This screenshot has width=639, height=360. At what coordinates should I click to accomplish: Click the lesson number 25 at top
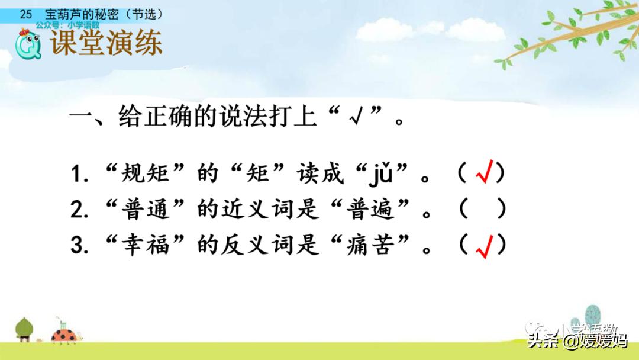coord(25,14)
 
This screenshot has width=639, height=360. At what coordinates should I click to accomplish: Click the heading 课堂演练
coord(106,43)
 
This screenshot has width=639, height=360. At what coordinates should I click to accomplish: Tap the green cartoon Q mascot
coord(28,44)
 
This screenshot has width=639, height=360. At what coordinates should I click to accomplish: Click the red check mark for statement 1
coord(485,171)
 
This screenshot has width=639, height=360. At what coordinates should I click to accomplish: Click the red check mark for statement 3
coord(485,247)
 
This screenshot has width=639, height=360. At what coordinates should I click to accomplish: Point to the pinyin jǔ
coord(381,173)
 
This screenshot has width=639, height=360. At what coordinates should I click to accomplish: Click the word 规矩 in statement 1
coord(145,173)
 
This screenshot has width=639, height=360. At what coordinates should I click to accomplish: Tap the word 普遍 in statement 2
coord(370,209)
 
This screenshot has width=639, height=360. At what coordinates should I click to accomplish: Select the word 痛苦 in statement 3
coord(370,245)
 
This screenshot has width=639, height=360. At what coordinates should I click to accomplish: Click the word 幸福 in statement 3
coord(145,245)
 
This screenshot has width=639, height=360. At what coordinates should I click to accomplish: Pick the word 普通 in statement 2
coord(145,209)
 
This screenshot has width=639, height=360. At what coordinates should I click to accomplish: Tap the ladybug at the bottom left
coord(64,335)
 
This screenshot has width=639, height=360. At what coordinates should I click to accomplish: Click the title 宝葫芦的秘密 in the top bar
coord(82,14)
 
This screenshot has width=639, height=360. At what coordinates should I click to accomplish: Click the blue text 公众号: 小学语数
coord(67,25)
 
